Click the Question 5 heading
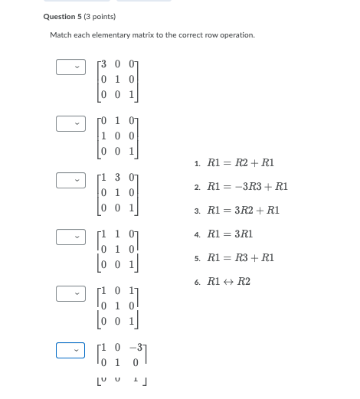64,17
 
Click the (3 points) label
100,17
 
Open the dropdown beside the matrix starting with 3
70,67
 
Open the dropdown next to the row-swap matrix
70,123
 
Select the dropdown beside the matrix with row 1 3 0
70,181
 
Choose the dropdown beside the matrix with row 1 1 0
70,237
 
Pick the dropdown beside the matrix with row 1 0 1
70,294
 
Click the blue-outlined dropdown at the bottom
70,351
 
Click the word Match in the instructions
61,35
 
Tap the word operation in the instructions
238,35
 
